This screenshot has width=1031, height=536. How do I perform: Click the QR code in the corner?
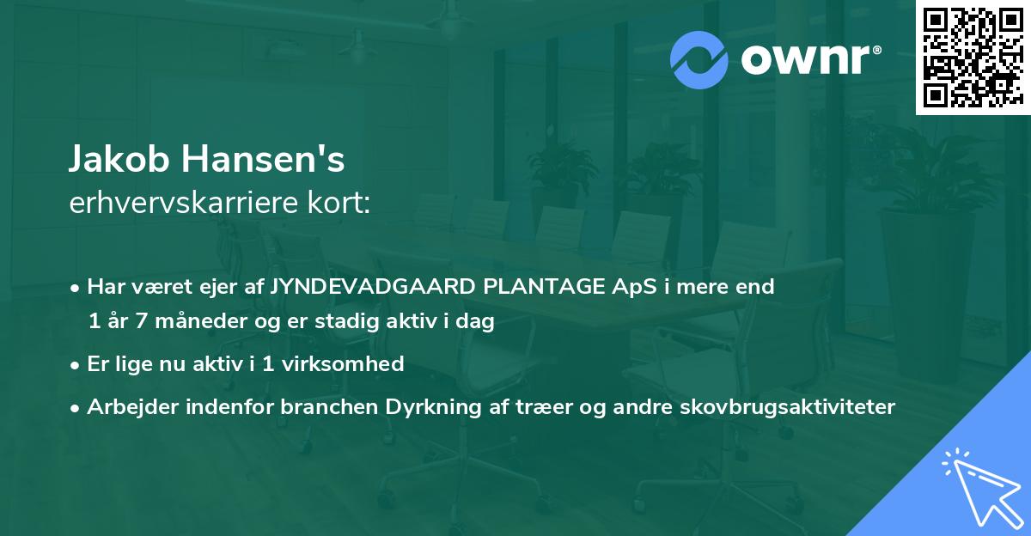(973, 58)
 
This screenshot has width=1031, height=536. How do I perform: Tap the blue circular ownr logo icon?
(699, 59)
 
